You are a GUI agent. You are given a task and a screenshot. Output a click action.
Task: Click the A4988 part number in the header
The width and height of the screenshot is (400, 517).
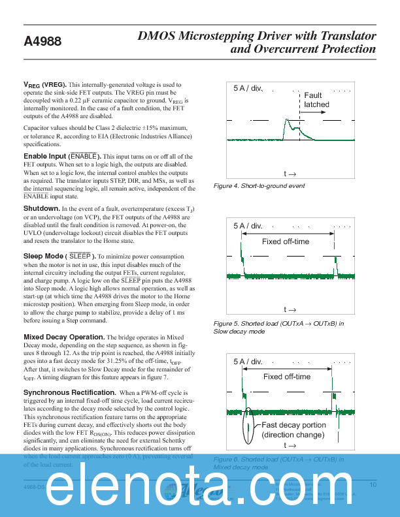pyautogui.click(x=42, y=42)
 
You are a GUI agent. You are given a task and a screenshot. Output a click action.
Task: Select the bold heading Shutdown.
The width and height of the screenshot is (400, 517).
pyautogui.click(x=42, y=208)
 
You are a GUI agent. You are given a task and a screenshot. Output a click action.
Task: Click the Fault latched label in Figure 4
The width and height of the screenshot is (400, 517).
pyautogui.click(x=316, y=100)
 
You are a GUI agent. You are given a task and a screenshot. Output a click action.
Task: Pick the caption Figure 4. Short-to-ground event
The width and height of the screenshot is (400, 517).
pyautogui.click(x=259, y=186)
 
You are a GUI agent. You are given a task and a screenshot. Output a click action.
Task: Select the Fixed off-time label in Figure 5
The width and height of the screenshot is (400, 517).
pyautogui.click(x=286, y=242)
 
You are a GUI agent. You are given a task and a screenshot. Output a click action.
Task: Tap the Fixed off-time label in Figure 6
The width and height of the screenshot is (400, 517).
pyautogui.click(x=287, y=377)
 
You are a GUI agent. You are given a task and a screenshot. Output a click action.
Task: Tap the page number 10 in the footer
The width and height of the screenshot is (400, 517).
pyautogui.click(x=373, y=485)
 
